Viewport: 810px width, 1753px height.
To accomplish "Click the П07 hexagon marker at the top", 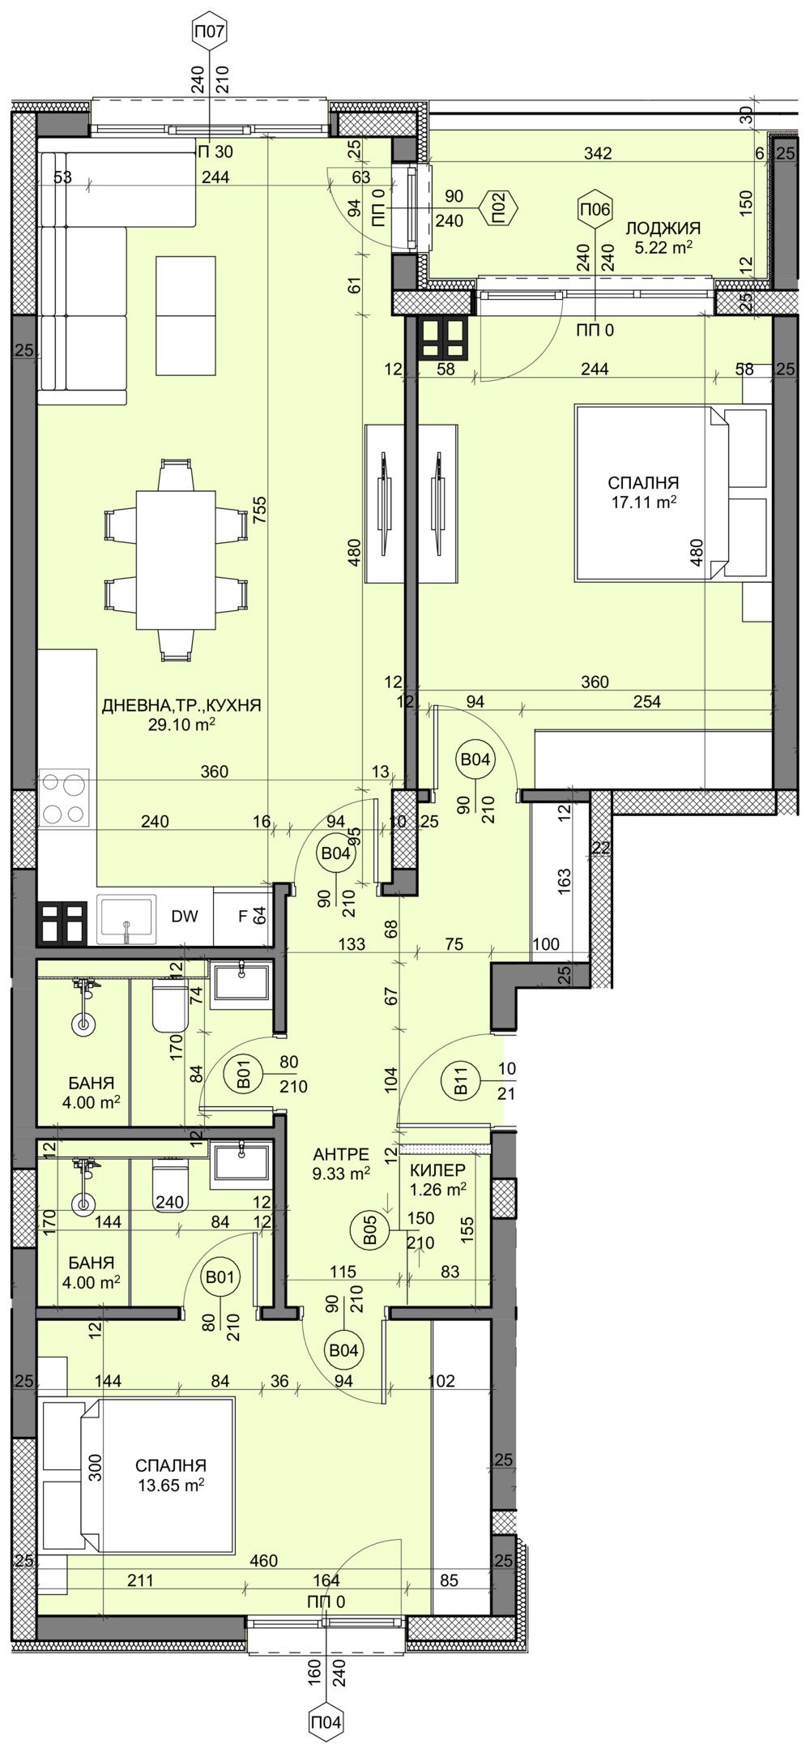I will coord(210,33).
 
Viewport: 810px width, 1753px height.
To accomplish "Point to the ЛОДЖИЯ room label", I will coord(663,229).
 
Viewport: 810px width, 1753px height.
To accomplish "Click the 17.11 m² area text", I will coord(644,502).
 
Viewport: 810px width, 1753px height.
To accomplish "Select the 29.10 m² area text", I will coord(181,725).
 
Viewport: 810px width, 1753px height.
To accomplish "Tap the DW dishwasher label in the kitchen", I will coord(185,917).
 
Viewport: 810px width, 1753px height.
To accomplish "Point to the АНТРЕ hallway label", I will coord(341,1154).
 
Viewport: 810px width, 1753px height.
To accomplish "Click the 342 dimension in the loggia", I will coord(599,153).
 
